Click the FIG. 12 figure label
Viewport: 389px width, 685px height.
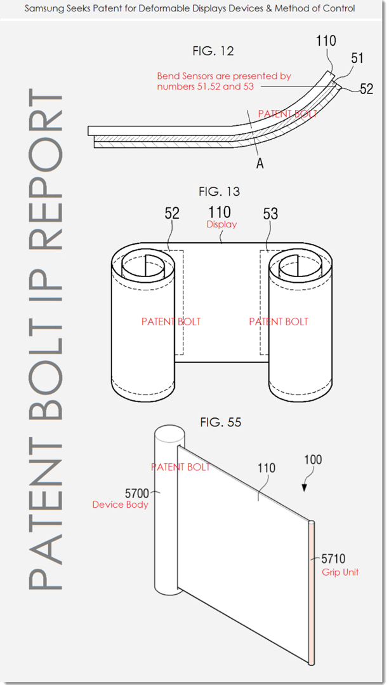click(213, 51)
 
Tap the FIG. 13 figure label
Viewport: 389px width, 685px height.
click(219, 191)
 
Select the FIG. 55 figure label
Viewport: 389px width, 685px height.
click(221, 423)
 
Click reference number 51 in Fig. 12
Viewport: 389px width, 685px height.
click(357, 58)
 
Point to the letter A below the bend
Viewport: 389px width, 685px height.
click(260, 163)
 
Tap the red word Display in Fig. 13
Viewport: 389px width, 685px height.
click(221, 224)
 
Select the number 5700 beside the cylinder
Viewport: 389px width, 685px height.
click(137, 494)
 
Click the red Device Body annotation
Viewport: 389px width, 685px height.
click(121, 505)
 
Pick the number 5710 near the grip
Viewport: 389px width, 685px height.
click(334, 559)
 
